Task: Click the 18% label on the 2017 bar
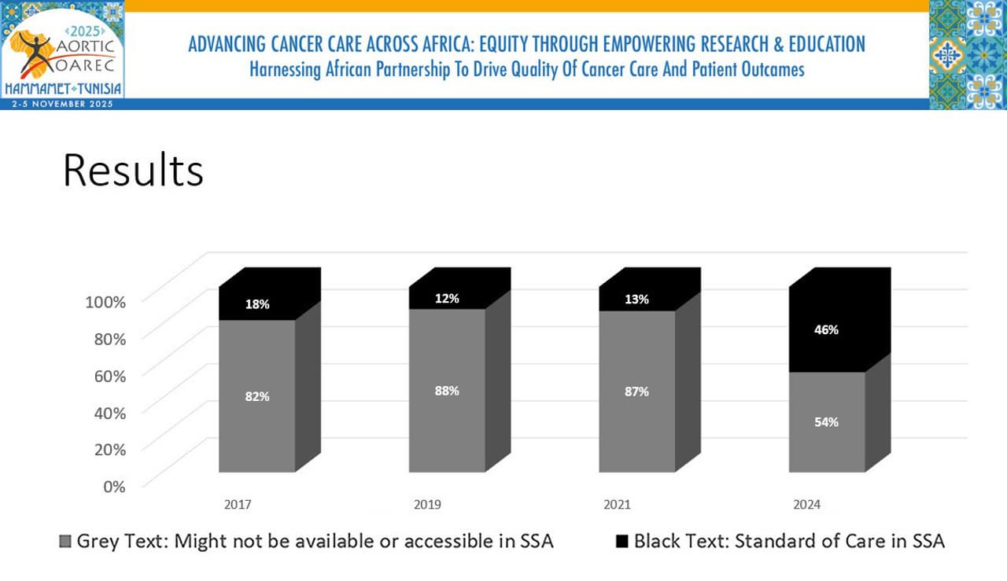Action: pyautogui.click(x=256, y=304)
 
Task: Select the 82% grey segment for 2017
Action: pyautogui.click(x=256, y=396)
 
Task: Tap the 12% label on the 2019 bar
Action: pyautogui.click(x=447, y=299)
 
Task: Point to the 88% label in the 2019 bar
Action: pyautogui.click(x=447, y=391)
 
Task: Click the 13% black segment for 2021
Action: pyautogui.click(x=637, y=299)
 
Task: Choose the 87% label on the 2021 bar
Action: pyautogui.click(x=637, y=391)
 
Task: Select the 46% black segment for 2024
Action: pyautogui.click(x=826, y=330)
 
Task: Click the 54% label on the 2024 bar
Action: pyautogui.click(x=826, y=421)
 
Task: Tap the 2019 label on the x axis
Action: pyautogui.click(x=427, y=505)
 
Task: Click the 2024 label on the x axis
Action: pyautogui.click(x=807, y=505)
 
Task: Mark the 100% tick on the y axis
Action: pyautogui.click(x=105, y=302)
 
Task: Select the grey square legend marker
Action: pyautogui.click(x=65, y=542)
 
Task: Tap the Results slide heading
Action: pyautogui.click(x=133, y=170)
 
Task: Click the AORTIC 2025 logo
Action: pyautogui.click(x=63, y=50)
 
